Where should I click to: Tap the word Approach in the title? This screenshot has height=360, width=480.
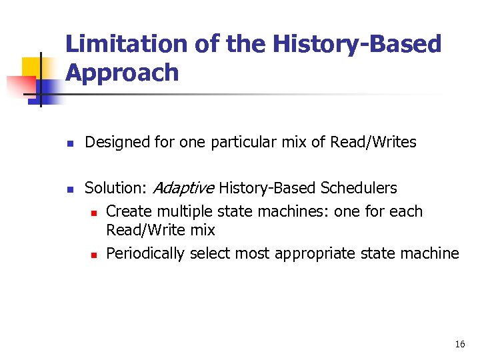click(x=122, y=73)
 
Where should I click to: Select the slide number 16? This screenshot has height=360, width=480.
click(x=459, y=344)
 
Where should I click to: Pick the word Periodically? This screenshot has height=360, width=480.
click(x=145, y=253)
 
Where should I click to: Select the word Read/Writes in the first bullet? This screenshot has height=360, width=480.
click(x=373, y=142)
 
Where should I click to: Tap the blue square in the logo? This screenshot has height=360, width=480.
click(x=49, y=89)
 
